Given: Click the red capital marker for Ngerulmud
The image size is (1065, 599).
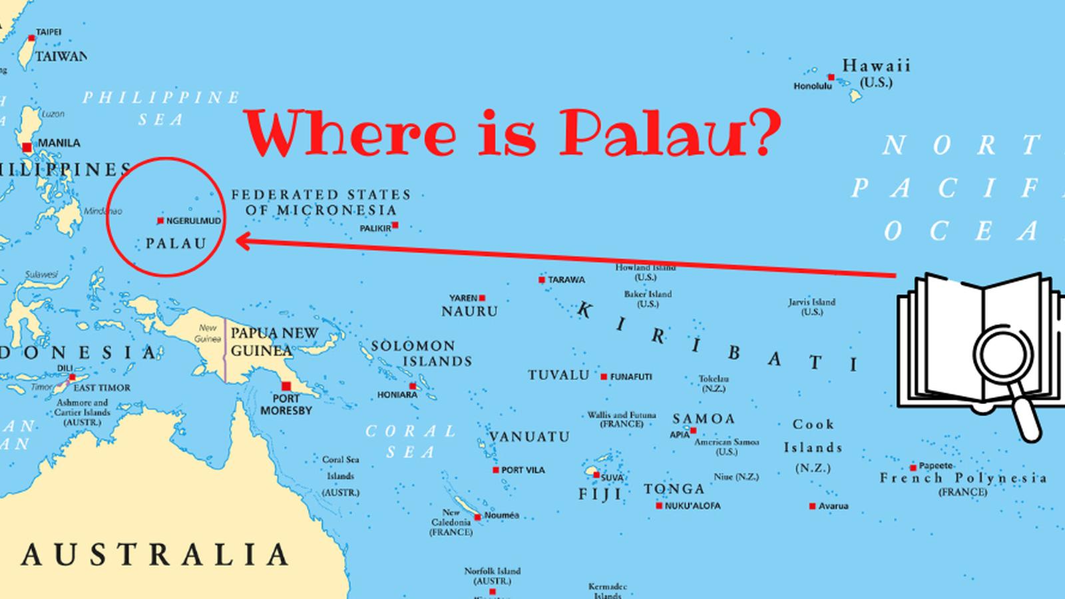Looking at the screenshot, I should click(x=160, y=220).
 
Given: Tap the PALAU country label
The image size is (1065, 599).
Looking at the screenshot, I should click(x=176, y=243).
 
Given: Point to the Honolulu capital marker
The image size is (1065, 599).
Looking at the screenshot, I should click(x=831, y=78).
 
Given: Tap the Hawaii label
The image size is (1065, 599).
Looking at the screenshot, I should click(x=876, y=66).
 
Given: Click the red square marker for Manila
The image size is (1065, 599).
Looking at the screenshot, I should click(x=27, y=147).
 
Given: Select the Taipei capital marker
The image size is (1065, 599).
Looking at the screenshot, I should click(x=31, y=39).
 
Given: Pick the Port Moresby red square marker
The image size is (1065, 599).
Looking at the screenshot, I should click(x=286, y=386).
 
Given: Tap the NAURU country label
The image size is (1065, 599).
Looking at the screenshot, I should click(x=469, y=311).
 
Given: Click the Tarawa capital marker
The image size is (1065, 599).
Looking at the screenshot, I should click(x=542, y=280).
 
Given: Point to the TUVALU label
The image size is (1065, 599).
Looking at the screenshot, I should click(x=559, y=375).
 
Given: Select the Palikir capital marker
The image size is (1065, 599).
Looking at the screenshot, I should click(x=395, y=226).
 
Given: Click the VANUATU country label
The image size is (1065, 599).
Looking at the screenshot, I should click(x=530, y=437).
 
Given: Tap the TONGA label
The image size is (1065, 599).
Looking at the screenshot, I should click(x=674, y=489).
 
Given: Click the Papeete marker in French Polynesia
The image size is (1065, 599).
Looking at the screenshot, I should click(x=913, y=467).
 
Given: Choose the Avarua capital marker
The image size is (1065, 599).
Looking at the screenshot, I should click(x=812, y=506).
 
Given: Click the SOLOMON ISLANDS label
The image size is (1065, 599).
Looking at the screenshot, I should click(x=421, y=353).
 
